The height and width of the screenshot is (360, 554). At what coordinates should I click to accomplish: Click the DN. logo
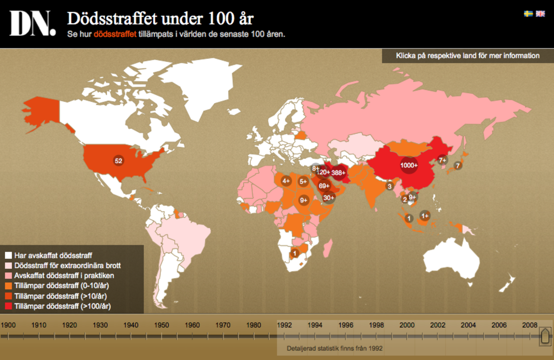pyautogui.click(x=32, y=23)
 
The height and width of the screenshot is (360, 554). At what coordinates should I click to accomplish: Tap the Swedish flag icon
pyautogui.click(x=528, y=14)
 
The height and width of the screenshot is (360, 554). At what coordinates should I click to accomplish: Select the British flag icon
pyautogui.click(x=540, y=14)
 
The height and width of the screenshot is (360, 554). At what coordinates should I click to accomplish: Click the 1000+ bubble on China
pyautogui.click(x=409, y=165)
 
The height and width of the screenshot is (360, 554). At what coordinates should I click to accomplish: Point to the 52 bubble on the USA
pyautogui.click(x=119, y=161)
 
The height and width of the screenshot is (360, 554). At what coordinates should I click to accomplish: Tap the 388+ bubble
pyautogui.click(x=338, y=173)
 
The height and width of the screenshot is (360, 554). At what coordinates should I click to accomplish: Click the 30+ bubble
pyautogui.click(x=329, y=198)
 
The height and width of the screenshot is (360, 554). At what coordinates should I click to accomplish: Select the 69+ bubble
pyautogui.click(x=324, y=186)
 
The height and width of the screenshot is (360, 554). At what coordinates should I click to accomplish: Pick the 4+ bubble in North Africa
pyautogui.click(x=286, y=181)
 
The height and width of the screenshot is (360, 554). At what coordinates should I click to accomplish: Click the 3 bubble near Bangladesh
pyautogui.click(x=389, y=186)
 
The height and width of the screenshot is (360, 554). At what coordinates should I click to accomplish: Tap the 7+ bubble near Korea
pyautogui.click(x=442, y=160)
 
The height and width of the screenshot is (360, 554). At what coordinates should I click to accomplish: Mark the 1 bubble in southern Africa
pyautogui.click(x=295, y=253)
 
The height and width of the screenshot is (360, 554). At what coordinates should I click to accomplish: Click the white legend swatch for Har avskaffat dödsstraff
pyautogui.click(x=8, y=256)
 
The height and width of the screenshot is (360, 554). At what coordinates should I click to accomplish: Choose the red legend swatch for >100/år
pyautogui.click(x=8, y=306)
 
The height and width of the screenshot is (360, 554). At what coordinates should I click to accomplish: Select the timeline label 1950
pyautogui.click(x=162, y=325)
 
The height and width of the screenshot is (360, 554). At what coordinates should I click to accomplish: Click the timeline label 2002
pyautogui.click(x=438, y=325)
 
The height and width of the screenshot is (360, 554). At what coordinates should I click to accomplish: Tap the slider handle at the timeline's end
pyautogui.click(x=545, y=336)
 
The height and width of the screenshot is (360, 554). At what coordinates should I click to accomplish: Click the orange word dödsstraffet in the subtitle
pyautogui.click(x=115, y=34)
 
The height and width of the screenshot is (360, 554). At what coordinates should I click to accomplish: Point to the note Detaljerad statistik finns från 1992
pyautogui.click(x=335, y=348)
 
